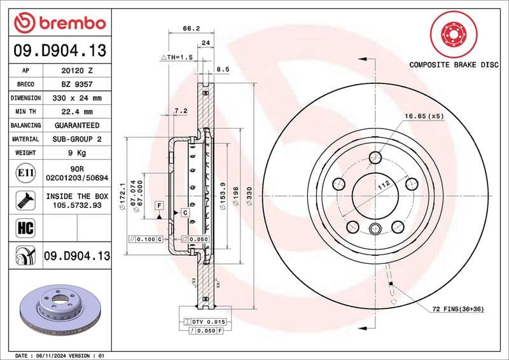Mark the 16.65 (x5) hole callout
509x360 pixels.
(424, 116)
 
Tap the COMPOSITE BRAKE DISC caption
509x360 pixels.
(452, 64)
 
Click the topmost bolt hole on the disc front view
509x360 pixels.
(375, 157)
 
